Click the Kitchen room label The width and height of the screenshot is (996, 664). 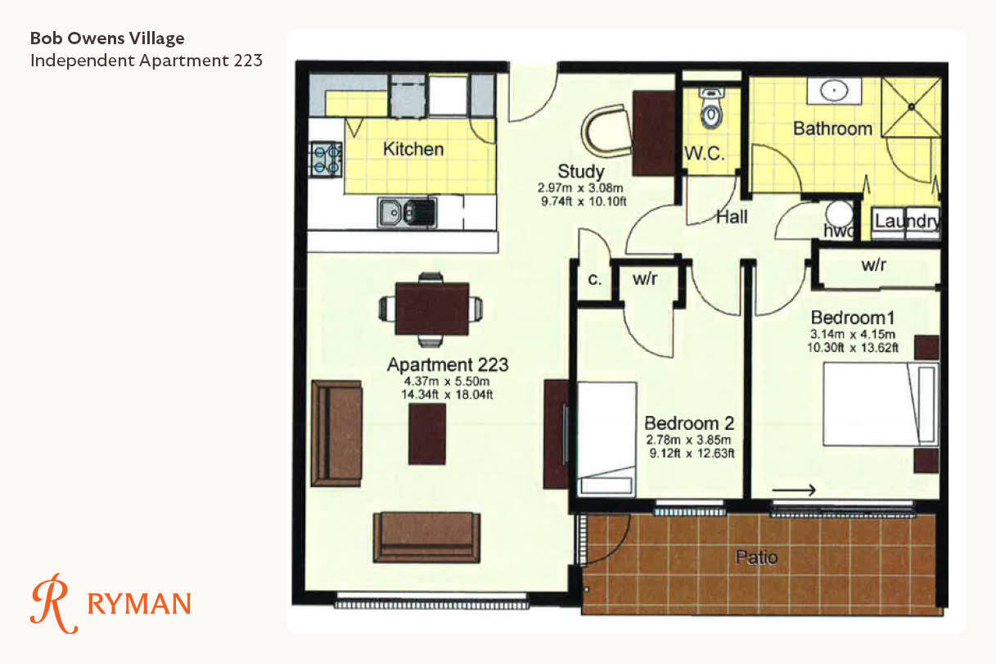[413, 149]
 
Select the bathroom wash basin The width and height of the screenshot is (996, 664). [834, 91]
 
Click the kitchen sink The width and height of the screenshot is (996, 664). [407, 213]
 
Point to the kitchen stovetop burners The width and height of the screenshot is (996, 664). [326, 160]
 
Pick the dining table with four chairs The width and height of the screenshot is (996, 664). [431, 309]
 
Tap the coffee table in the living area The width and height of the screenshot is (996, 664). [427, 434]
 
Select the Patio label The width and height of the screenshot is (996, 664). [756, 558]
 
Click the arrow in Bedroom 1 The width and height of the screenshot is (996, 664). [794, 490]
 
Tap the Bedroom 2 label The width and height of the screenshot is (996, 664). [689, 423]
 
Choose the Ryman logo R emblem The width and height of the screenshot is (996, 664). [54, 603]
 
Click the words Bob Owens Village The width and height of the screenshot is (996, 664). [107, 38]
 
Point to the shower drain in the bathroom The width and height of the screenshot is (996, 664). [912, 106]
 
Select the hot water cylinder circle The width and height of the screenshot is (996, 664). [839, 214]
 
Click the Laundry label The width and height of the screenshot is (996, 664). [907, 221]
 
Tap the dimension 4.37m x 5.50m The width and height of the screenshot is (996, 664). [446, 382]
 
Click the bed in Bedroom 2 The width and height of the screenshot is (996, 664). [606, 440]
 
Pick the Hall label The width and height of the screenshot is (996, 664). [732, 217]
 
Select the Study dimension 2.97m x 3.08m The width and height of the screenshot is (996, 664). [581, 188]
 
